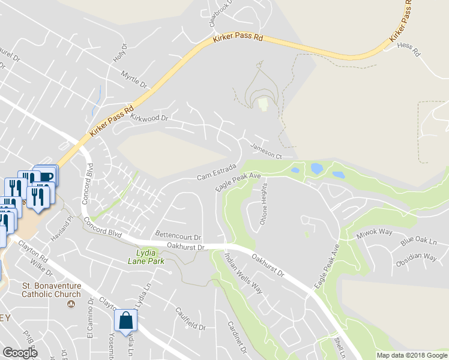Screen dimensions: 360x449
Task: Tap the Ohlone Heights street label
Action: coord(263,204)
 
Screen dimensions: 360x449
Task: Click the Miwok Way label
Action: coord(374,233)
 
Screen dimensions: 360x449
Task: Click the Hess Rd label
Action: coord(409,53)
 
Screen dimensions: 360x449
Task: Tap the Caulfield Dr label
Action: coord(190,319)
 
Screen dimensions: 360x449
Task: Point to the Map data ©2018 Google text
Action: coord(411,355)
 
